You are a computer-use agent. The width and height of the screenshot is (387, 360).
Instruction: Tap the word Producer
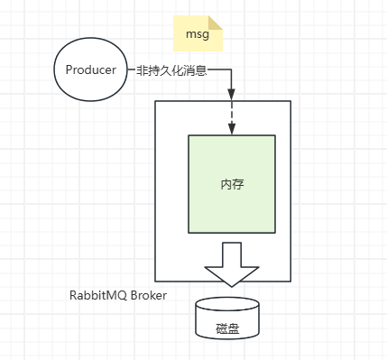coord(91,69)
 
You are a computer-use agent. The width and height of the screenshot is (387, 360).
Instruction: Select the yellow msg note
coord(198,33)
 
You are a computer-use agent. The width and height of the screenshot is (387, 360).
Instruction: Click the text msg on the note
coord(198,34)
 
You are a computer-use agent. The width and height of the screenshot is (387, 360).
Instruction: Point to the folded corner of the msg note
coord(216,23)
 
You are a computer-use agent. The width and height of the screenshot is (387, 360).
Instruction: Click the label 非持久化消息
coord(172,70)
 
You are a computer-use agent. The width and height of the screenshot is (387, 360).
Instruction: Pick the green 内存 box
coord(232,184)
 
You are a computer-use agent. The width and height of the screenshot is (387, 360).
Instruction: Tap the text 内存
coord(232,184)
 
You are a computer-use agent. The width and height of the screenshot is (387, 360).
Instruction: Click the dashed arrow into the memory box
coord(231,117)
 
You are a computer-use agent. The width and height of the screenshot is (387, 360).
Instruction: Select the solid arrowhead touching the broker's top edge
coord(231,94)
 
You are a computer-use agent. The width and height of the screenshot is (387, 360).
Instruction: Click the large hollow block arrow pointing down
coord(232,264)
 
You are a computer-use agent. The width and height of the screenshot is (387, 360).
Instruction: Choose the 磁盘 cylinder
coord(227,318)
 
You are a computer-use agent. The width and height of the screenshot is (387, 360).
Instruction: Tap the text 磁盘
coord(227,328)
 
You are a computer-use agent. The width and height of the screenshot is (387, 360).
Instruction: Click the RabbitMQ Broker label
coord(118,295)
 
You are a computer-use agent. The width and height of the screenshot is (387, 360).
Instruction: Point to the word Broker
coord(149,295)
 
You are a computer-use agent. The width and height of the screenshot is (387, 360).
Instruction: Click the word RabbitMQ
coord(98,295)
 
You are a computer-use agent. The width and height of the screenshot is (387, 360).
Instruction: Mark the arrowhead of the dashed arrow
coord(231,129)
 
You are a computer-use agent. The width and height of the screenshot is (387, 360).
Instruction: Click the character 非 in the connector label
coord(143,70)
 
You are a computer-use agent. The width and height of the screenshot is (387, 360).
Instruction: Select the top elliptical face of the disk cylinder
coord(227,304)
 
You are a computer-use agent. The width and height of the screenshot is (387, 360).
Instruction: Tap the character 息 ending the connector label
coord(201,70)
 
